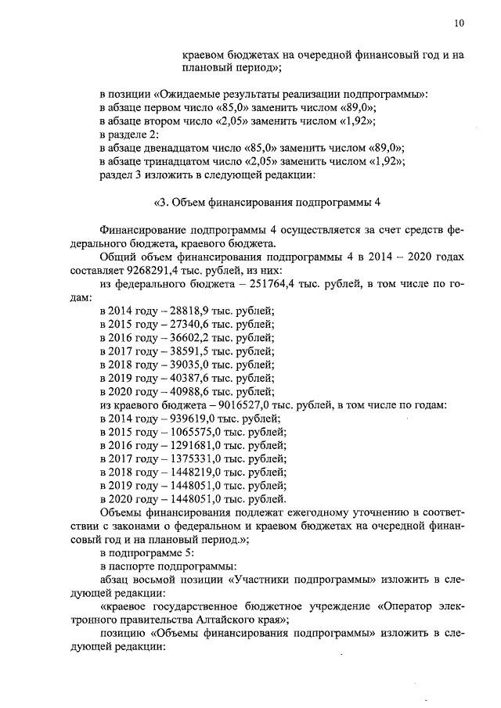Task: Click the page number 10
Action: (x=458, y=23)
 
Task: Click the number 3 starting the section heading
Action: (x=164, y=203)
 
